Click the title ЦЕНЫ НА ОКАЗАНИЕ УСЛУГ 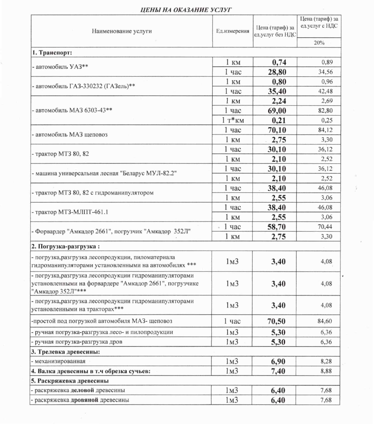click(186, 10)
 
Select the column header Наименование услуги click(122, 31)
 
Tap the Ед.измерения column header click(233, 31)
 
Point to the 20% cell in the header click(319, 43)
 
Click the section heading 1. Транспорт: click(52, 53)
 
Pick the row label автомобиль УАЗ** click(60, 67)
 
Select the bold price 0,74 click(279, 62)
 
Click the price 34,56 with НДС click(325, 72)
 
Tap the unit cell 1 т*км click(233, 120)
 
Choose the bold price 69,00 click(277, 111)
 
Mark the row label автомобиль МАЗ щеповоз click(70, 134)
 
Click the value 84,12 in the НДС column click(325, 130)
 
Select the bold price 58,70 click(277, 227)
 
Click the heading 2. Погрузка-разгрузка click(65, 246)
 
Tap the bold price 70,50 click(276, 321)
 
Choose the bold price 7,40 click(278, 371)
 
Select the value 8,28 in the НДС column click(326, 361)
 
